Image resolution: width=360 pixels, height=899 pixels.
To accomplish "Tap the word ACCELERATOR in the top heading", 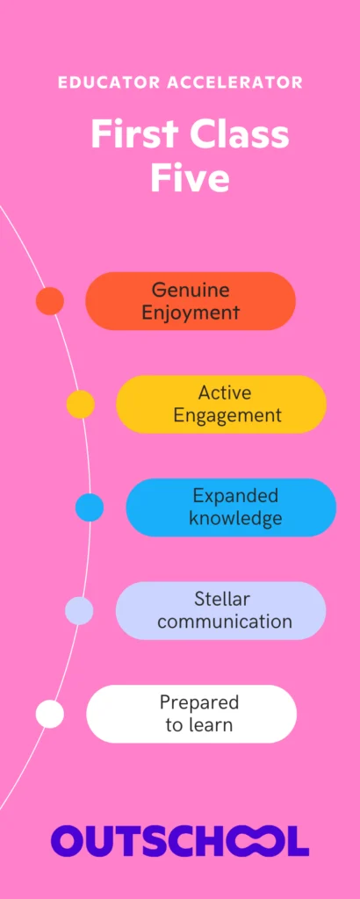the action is coord(235,83).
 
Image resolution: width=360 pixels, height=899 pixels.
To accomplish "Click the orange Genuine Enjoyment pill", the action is coord(191,301).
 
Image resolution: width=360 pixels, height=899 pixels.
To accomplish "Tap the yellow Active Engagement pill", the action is coord(221,404).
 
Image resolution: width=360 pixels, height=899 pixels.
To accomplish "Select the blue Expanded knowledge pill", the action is coord(231,507).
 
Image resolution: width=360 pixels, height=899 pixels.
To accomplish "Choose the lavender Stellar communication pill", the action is coord(220,611).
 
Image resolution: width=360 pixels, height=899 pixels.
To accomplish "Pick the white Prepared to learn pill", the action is coord(191,714).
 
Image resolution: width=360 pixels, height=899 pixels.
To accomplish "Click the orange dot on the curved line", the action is coord(50,301).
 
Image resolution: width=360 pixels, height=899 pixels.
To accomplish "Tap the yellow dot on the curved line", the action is coord(80,404).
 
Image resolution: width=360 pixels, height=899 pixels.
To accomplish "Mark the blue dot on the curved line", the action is coord(90,507).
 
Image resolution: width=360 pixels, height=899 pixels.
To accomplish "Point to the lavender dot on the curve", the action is coord(79,611).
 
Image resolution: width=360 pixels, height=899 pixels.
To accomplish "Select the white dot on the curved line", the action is coord(50,714).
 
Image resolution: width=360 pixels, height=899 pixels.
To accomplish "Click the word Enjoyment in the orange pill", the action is coord(191,313).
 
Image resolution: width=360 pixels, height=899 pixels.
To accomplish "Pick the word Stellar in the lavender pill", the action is coord(222,599).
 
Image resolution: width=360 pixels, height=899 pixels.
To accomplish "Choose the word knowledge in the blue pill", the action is coord(235,519).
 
